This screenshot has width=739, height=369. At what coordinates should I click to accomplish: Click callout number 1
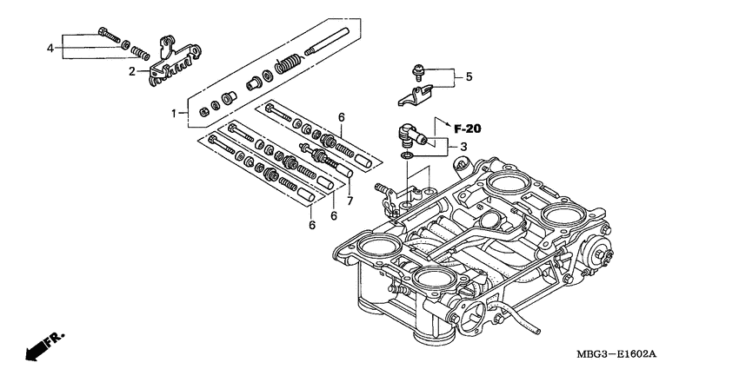coord(174,113)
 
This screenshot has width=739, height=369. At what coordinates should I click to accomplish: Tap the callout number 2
coord(133,71)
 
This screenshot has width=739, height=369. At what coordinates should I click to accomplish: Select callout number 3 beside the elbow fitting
coord(464,147)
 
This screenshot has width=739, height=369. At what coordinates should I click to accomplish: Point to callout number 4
coord(50,47)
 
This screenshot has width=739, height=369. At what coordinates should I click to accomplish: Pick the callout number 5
coord(469,76)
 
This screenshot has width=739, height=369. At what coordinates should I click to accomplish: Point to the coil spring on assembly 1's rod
coord(288,63)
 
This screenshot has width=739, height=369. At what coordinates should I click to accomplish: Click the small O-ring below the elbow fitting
coord(407,155)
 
